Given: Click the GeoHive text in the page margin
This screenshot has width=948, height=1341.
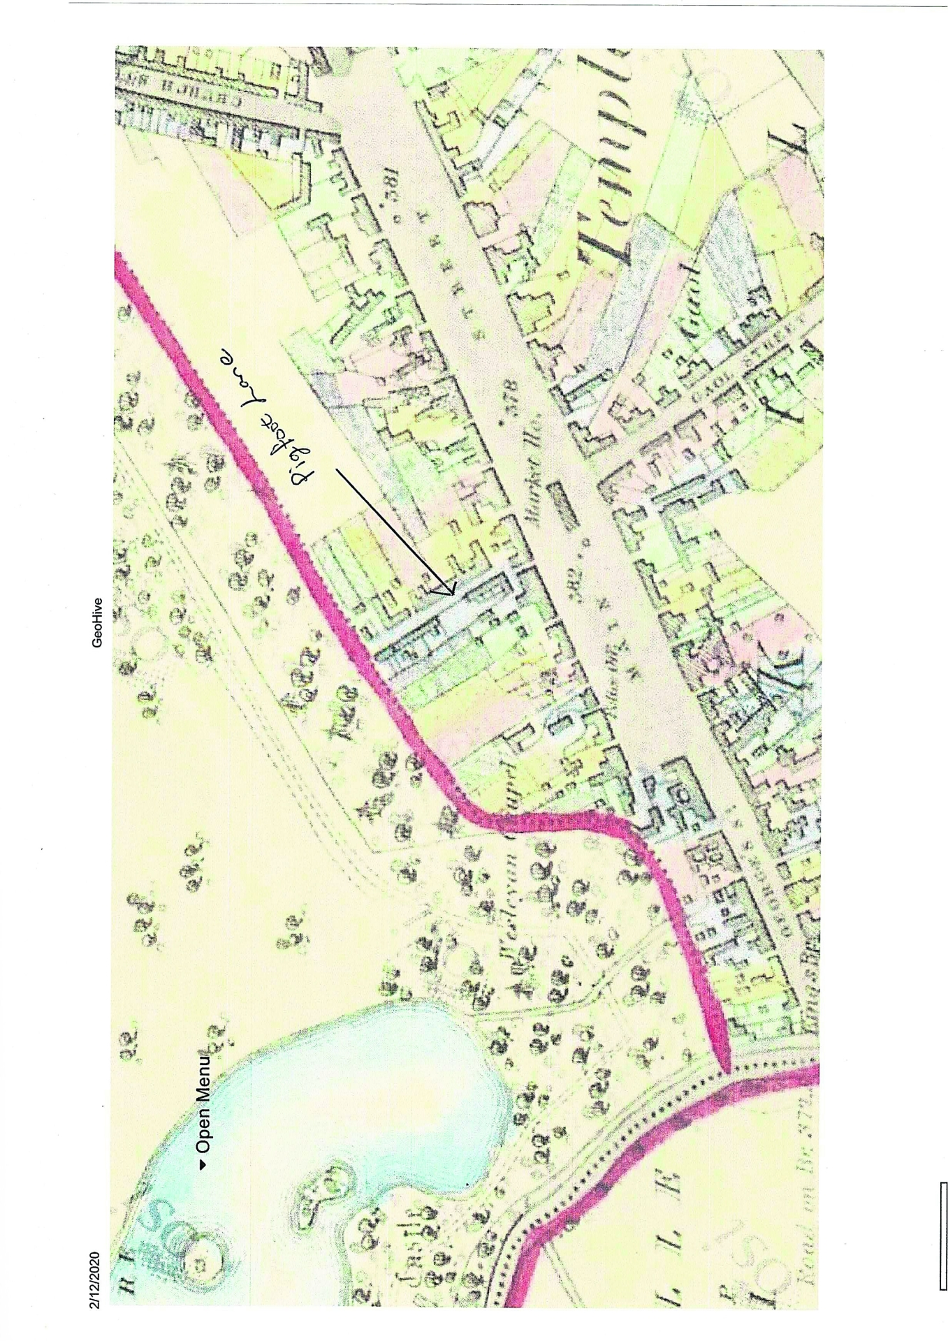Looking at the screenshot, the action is tap(96, 622).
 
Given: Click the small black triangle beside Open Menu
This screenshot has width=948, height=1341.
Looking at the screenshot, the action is tap(203, 1164).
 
